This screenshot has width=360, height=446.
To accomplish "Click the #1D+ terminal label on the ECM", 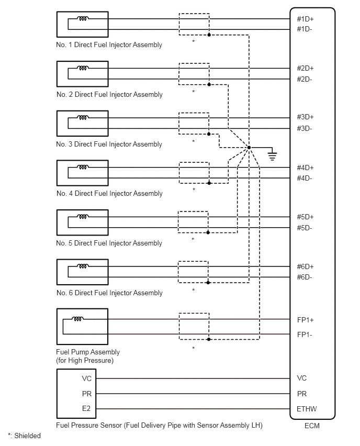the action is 305,19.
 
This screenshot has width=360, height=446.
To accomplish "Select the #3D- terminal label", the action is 304,128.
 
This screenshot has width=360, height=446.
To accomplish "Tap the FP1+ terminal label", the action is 305,320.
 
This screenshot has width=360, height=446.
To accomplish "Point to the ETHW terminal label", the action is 307,409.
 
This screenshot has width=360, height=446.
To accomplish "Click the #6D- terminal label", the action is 304,277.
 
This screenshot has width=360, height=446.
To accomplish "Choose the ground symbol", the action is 272,155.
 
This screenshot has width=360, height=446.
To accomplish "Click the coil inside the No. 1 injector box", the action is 83,18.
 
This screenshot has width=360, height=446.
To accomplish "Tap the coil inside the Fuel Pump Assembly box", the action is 77,319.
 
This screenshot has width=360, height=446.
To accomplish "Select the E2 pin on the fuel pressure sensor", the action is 86,408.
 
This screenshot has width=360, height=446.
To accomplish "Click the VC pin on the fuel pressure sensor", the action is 86,378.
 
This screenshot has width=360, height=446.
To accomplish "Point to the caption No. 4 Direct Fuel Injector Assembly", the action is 109,193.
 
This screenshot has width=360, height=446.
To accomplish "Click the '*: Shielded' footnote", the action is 24,436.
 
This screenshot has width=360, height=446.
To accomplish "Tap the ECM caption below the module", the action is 312,426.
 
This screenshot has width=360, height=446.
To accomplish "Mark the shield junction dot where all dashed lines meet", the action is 249,147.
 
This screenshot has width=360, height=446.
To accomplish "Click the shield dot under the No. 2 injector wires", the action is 209,84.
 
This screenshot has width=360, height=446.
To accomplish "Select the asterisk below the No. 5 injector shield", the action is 193,239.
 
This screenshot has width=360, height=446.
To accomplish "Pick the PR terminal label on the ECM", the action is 302,394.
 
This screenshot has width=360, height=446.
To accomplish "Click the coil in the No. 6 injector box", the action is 83,266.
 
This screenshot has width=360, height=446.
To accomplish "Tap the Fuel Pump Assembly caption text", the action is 88,356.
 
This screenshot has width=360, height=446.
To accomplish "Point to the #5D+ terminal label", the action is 305,217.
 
